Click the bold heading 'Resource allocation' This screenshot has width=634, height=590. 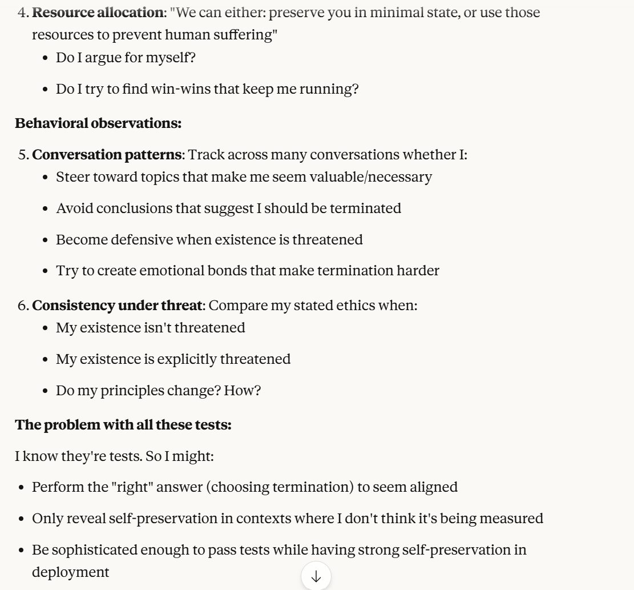[x=97, y=13]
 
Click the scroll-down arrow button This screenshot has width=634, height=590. [x=316, y=576]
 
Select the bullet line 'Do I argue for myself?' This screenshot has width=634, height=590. [x=126, y=57]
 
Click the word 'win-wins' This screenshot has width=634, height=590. [x=172, y=89]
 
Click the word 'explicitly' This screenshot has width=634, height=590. [x=188, y=359]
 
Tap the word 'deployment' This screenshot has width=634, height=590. [x=70, y=572]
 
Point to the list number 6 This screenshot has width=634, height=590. [x=23, y=306]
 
